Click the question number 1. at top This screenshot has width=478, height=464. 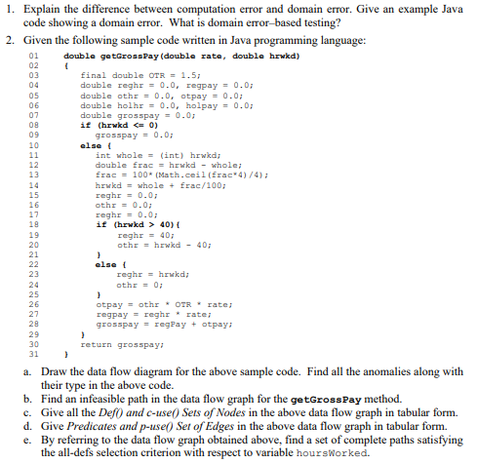coord(8,9)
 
